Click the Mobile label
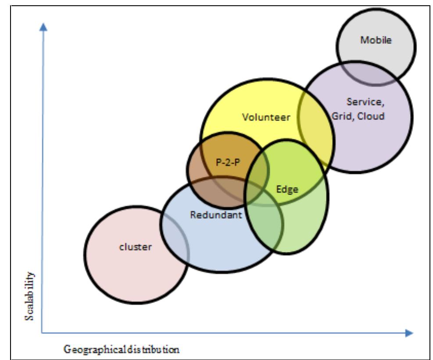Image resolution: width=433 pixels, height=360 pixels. (x=376, y=40)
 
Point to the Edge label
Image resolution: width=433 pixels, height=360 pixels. (x=287, y=189)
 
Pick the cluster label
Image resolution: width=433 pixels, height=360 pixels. (x=136, y=247)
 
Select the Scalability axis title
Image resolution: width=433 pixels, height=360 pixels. (x=29, y=297)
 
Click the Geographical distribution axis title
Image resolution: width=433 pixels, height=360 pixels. (x=122, y=350)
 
